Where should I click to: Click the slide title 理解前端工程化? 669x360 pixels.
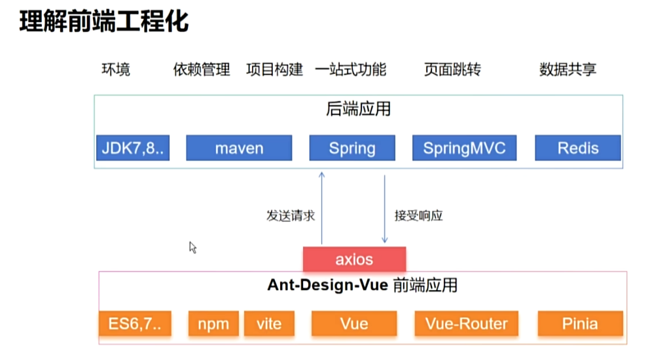pos(103,22)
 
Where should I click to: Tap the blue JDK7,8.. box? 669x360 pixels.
pos(132,148)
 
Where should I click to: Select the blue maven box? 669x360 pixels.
pos(239,148)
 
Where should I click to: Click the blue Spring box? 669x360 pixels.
pos(352,148)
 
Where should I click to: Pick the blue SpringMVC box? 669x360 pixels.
pos(464,148)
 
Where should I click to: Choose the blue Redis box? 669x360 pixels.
pos(577,148)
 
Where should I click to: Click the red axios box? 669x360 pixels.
pos(354,259)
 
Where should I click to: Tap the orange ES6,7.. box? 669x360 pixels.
pos(135,323)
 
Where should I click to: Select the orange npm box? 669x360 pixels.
pos(213,323)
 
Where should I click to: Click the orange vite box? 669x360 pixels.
pos(269,323)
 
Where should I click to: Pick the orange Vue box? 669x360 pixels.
pos(354,323)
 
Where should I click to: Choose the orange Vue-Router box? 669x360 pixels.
pos(466,323)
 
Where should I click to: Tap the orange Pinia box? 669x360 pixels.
pos(580,323)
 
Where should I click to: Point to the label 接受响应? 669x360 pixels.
pos(419,215)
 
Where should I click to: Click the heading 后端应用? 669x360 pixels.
pos(358,109)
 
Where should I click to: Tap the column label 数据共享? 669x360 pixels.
pos(568,69)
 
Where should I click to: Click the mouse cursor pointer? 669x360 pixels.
pos(192,247)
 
